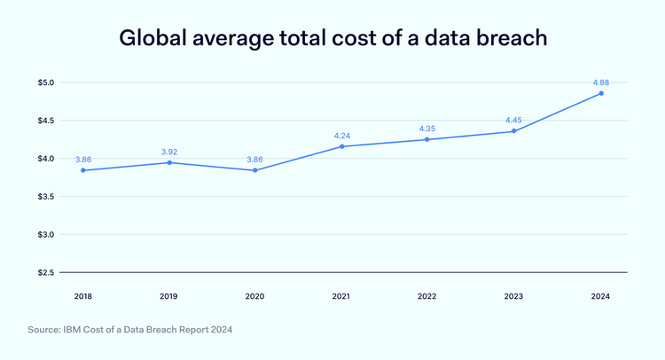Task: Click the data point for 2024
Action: (600, 93)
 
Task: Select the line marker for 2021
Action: (341, 146)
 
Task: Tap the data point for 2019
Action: (168, 162)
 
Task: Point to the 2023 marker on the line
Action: (514, 131)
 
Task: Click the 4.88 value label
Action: (600, 82)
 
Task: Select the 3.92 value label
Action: (168, 152)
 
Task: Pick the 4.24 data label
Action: (341, 135)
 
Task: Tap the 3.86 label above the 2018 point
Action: (82, 159)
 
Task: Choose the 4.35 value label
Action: (427, 128)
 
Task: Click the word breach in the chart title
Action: (501, 39)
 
